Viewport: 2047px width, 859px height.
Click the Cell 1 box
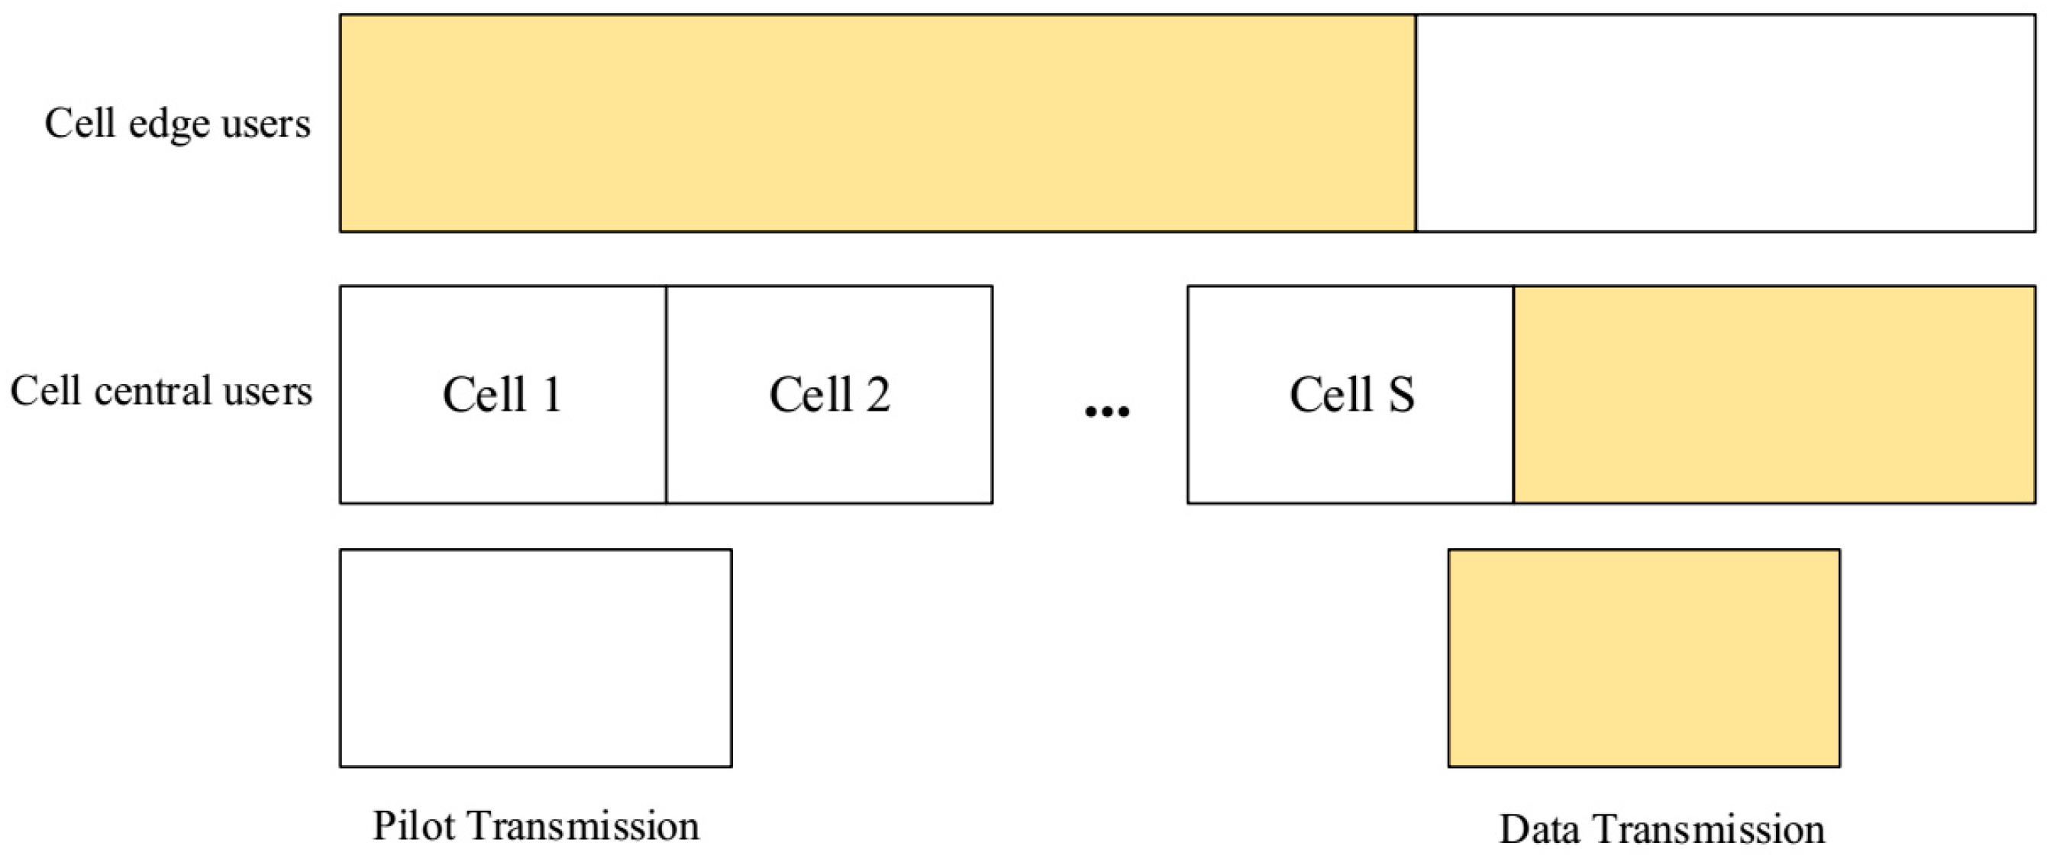tap(502, 394)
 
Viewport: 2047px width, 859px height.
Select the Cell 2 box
tap(829, 394)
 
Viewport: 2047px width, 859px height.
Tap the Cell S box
tap(1350, 394)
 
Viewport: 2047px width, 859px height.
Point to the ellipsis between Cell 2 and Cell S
tap(1107, 411)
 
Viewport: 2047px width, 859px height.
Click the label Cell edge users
tap(177, 124)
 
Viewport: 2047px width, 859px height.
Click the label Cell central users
tap(160, 391)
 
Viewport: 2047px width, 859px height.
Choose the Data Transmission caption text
tap(1661, 828)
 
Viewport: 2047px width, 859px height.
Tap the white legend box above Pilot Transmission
tap(535, 658)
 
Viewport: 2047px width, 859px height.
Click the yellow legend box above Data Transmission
tap(1643, 658)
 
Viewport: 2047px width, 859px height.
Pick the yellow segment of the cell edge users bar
tap(877, 123)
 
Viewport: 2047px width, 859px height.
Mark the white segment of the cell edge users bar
tap(1724, 123)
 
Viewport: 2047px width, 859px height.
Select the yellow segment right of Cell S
tap(1774, 394)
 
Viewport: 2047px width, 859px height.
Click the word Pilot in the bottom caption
tap(415, 826)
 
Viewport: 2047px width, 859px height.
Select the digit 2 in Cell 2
tap(877, 394)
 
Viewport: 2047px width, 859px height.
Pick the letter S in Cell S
tap(1400, 394)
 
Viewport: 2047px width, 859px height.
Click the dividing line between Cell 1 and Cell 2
tap(666, 394)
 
